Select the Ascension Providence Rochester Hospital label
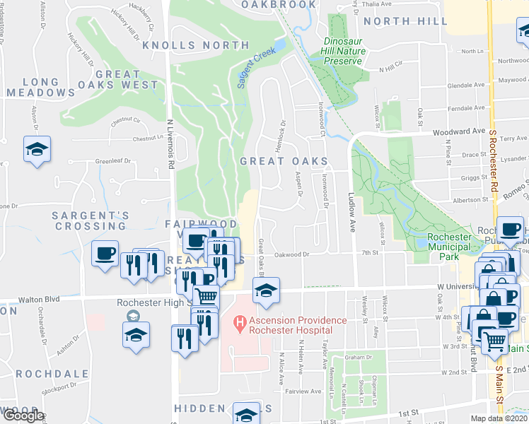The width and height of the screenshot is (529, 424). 289,325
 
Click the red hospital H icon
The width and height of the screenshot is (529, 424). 240,324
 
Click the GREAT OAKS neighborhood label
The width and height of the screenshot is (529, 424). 284,161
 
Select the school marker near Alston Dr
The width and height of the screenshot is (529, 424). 37,149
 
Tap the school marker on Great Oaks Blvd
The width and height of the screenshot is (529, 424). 266,290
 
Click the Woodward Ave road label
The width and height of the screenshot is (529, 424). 459,131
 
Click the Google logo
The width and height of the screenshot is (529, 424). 23,415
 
